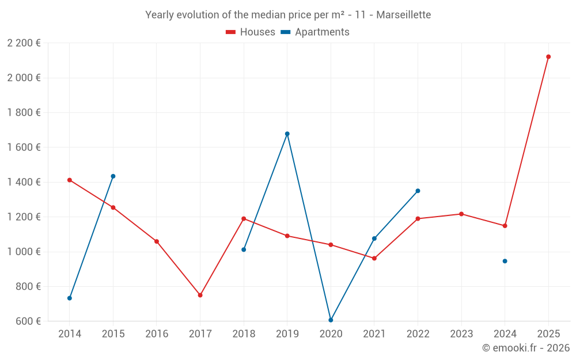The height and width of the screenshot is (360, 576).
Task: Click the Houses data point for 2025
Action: pyautogui.click(x=548, y=56)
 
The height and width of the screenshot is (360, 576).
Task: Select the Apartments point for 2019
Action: pyautogui.click(x=287, y=134)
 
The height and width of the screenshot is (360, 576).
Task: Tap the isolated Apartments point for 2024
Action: pyautogui.click(x=505, y=261)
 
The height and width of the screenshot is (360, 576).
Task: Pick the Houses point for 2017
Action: pyautogui.click(x=200, y=295)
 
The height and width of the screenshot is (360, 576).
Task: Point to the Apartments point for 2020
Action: pyautogui.click(x=331, y=320)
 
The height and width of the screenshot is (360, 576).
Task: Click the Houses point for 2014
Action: pyautogui.click(x=70, y=180)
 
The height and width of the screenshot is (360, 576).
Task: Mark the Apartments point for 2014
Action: pyautogui.click(x=70, y=298)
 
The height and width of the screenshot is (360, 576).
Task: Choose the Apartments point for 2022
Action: pyautogui.click(x=418, y=191)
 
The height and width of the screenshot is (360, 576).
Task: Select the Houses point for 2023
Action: pyautogui.click(x=461, y=214)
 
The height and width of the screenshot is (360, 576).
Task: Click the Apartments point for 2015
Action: pyautogui.click(x=113, y=176)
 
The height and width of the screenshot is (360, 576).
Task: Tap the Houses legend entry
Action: pyautogui.click(x=251, y=32)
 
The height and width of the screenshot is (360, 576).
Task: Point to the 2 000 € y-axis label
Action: pyautogui.click(x=24, y=78)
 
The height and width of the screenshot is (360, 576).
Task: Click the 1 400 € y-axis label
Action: pyautogui.click(x=24, y=182)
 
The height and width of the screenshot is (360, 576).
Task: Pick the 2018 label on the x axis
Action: pyautogui.click(x=244, y=334)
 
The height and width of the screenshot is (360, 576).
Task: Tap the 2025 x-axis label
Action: pyautogui.click(x=548, y=334)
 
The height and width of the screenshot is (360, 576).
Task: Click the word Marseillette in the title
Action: pyautogui.click(x=403, y=14)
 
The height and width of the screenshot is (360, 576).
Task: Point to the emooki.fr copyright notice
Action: pyautogui.click(x=526, y=348)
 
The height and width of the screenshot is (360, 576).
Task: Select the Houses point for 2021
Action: pyautogui.click(x=374, y=258)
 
